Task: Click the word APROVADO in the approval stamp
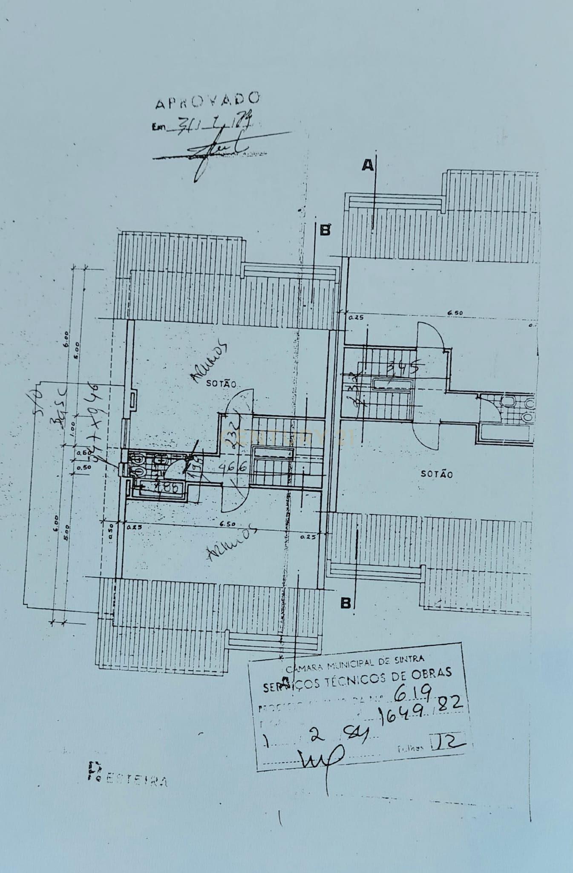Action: [x=207, y=101]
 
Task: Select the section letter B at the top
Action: [x=325, y=230]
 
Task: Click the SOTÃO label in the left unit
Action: [x=221, y=384]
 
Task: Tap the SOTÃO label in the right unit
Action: [x=437, y=474]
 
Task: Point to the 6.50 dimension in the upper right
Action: [x=455, y=313]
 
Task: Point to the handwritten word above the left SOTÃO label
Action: [x=207, y=361]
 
